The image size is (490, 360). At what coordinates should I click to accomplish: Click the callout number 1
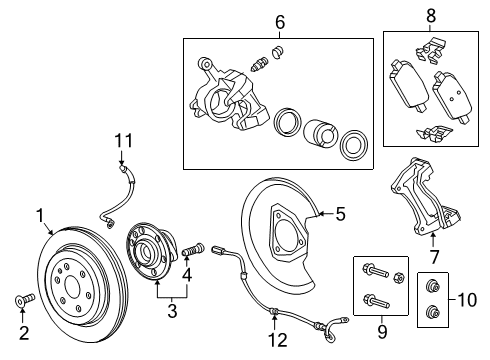click(41, 213)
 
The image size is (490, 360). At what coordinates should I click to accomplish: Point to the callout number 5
click(340, 212)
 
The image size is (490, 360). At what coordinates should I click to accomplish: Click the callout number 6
click(280, 21)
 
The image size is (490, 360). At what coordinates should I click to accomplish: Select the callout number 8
click(431, 16)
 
